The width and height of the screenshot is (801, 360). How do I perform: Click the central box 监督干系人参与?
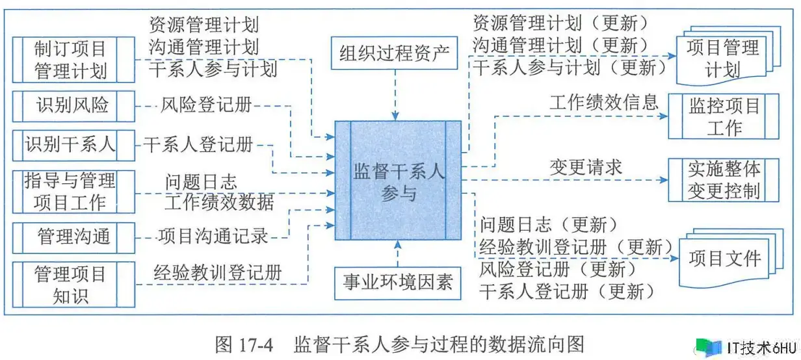[x=398, y=181]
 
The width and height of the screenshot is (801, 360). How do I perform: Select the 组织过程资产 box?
[x=394, y=53]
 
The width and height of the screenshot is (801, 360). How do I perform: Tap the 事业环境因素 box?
[x=398, y=283]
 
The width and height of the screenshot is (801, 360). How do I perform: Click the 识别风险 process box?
[x=73, y=106]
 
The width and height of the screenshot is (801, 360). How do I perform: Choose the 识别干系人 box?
[x=73, y=146]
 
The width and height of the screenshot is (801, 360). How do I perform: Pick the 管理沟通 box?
[x=73, y=238]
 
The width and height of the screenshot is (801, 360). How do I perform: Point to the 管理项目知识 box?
[x=73, y=285]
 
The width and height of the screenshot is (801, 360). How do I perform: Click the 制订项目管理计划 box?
[x=73, y=60]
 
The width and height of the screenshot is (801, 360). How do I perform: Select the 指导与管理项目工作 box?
[x=73, y=192]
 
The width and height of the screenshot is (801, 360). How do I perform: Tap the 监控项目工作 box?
[x=724, y=116]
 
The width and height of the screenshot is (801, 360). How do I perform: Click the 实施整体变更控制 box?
[x=724, y=180]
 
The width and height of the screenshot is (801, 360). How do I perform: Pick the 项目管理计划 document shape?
[x=728, y=56]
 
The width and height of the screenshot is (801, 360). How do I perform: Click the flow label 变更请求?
[x=586, y=167]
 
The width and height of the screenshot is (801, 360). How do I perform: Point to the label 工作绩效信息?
[x=604, y=103]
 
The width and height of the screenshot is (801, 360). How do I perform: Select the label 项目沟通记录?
[x=213, y=237]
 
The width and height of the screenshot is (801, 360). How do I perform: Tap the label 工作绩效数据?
[x=219, y=202]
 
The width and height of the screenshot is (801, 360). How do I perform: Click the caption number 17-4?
[x=255, y=345]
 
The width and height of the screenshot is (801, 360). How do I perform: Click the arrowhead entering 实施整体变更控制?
[x=664, y=180]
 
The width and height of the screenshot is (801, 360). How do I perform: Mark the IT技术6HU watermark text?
[x=762, y=348]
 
